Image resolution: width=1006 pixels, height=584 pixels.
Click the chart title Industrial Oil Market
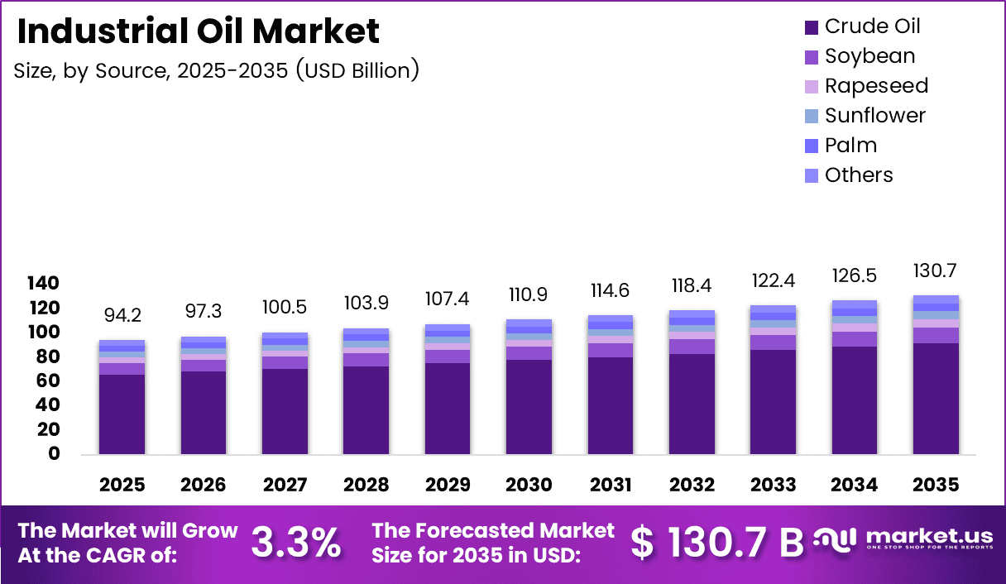tap(198, 31)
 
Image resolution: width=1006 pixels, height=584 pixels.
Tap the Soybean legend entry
tap(860, 56)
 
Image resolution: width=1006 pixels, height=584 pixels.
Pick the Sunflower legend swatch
tap(812, 117)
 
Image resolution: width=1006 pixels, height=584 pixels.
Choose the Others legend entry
tap(848, 175)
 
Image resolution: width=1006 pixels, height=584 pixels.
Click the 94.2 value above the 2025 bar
tap(122, 316)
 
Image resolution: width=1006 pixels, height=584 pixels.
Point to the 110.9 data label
tap(529, 295)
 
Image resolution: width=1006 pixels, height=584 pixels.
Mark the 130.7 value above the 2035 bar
tap(936, 271)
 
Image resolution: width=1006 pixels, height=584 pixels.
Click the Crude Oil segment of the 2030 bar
tap(529, 406)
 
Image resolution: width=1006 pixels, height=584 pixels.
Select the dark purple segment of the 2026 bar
tap(203, 412)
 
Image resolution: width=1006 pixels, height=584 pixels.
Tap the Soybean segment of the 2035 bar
tap(936, 335)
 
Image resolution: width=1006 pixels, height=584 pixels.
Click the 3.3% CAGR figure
tap(295, 543)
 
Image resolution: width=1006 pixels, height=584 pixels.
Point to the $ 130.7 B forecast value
tap(716, 543)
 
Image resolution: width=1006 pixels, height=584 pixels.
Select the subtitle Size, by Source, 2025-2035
tap(216, 71)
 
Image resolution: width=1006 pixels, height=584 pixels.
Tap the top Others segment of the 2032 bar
tap(692, 314)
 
